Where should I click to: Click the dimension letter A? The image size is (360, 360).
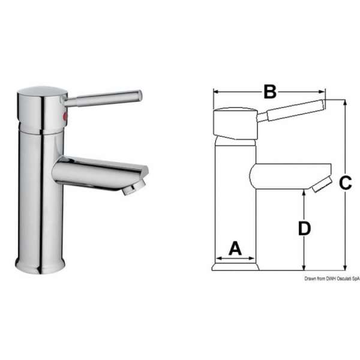[235, 248]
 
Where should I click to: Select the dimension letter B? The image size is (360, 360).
[270, 92]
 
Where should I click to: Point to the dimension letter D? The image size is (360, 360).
[305, 228]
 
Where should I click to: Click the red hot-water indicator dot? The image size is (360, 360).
[66, 115]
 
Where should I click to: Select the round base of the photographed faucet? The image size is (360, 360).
[40, 265]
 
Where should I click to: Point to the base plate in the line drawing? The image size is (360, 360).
[235, 266]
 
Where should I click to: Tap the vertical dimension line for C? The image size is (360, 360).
[345, 228]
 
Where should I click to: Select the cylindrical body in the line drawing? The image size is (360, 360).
[235, 198]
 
